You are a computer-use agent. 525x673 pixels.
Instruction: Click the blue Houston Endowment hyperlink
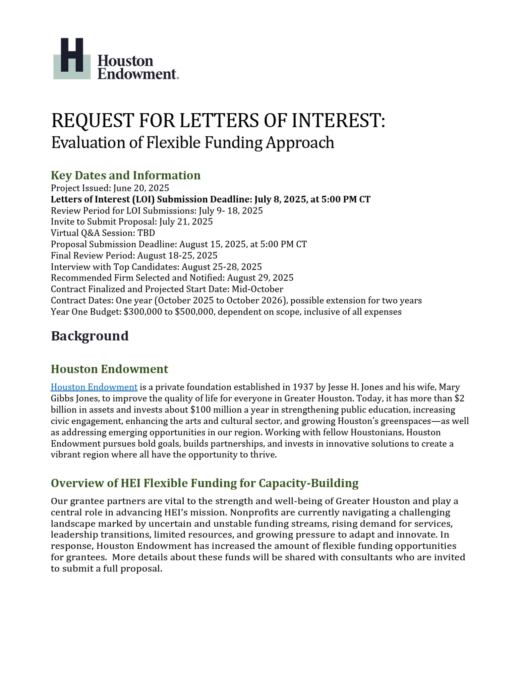pos(94,387)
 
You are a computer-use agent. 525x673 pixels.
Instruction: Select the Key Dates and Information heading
pos(126,175)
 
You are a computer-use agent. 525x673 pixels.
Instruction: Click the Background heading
pos(89,336)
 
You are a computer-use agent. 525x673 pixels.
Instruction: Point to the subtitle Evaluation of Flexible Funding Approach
pos(193,143)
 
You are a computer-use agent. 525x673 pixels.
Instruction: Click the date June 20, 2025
pos(141,188)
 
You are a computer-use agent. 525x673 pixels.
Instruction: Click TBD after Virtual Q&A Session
pos(146,233)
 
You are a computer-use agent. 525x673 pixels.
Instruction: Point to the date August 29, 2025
pos(260,278)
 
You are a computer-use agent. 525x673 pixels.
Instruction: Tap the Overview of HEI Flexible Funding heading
pos(204,483)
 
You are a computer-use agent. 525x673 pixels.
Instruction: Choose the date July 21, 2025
pos(186,222)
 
